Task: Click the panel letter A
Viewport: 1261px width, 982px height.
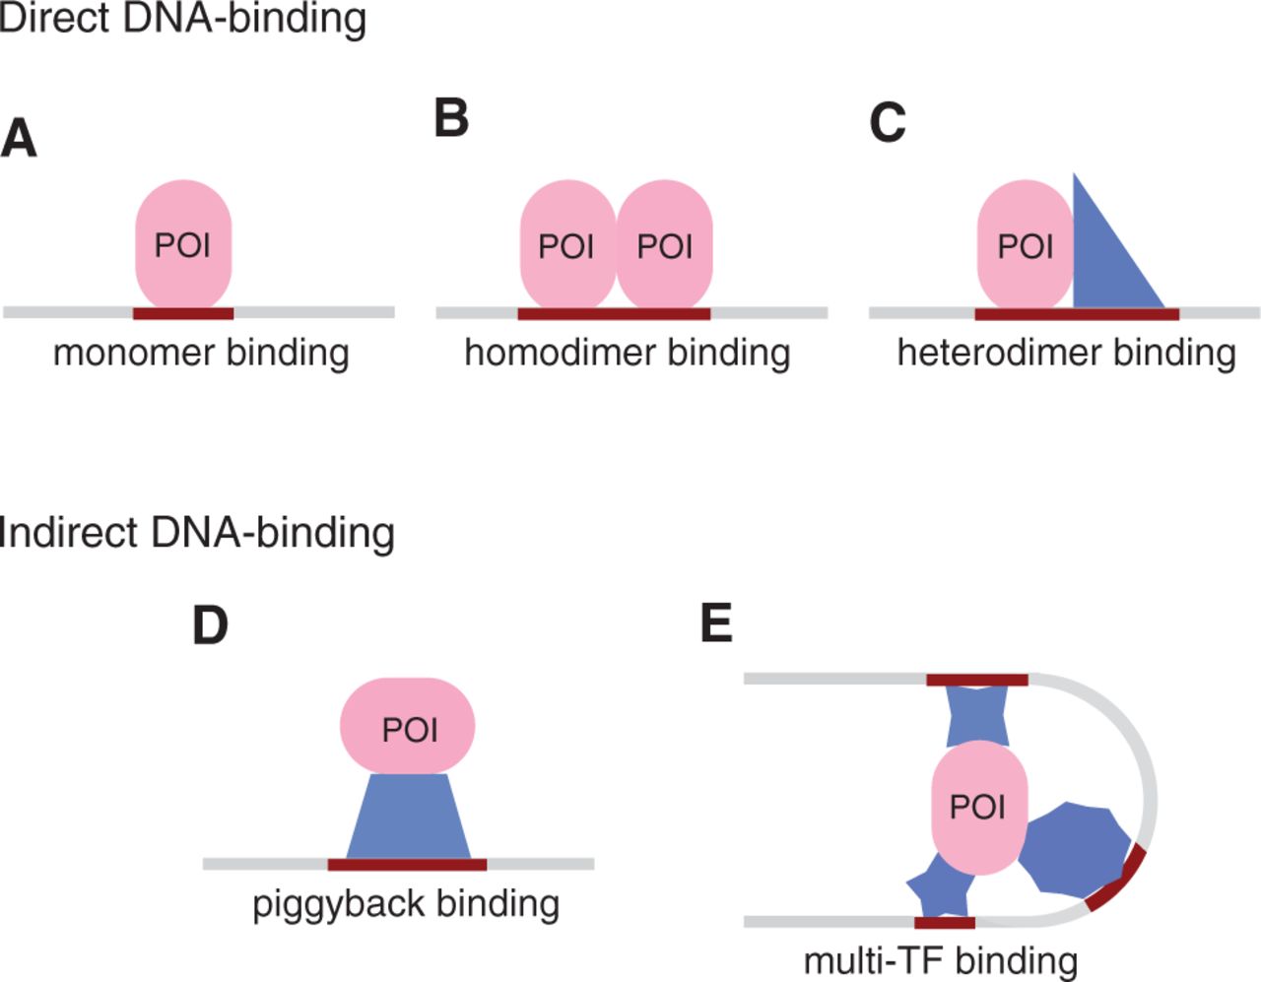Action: [19, 138]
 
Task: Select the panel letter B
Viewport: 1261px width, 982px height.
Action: [451, 118]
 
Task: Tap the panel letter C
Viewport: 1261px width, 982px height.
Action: [887, 123]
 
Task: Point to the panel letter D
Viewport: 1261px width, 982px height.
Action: [210, 624]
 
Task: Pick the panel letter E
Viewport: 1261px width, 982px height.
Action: [716, 622]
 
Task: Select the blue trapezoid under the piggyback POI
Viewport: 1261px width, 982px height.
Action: [408, 818]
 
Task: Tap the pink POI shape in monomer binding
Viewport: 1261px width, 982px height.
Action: [183, 244]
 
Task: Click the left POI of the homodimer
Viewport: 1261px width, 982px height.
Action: [566, 245]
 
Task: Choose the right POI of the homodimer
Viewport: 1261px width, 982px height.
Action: [665, 245]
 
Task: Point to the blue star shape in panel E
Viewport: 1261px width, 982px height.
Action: [940, 888]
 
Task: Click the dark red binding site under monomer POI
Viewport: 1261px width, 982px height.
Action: [183, 313]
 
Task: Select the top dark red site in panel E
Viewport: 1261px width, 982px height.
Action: [977, 680]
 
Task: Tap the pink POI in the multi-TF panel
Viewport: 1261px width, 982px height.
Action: [978, 807]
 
